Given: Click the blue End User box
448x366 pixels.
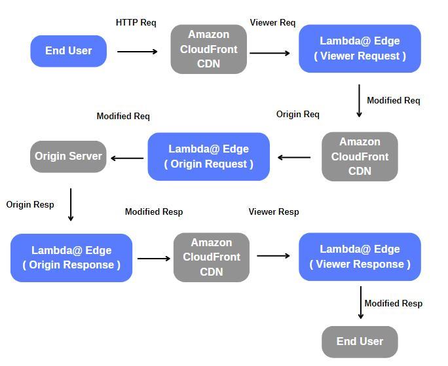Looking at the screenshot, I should (68, 51).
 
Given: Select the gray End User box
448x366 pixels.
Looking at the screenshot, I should (360, 341).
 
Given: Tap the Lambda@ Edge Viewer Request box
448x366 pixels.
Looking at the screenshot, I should (360, 48).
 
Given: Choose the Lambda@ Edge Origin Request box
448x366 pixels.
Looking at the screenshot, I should (208, 156).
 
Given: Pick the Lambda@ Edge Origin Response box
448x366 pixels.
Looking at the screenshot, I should (71, 257).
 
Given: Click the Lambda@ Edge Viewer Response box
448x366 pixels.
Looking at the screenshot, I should (360, 257).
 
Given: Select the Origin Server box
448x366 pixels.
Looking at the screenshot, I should (68, 156).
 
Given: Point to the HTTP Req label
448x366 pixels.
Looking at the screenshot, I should (136, 22).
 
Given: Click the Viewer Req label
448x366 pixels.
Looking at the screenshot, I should (272, 22).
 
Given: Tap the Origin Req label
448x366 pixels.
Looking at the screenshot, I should (297, 114).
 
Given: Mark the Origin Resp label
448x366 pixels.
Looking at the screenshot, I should (30, 204).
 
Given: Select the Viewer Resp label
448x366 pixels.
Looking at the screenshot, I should (273, 211).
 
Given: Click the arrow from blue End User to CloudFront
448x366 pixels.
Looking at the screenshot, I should (138, 51).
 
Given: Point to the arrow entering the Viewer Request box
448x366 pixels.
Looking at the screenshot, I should (270, 53).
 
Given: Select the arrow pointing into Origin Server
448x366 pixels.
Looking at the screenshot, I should (127, 158).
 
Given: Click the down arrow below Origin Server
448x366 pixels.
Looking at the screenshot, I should (71, 205).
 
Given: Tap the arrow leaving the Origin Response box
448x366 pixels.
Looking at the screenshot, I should (154, 258).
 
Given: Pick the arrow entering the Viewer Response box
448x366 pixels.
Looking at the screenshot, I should (273, 255).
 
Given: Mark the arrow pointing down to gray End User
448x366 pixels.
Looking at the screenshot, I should (360, 302).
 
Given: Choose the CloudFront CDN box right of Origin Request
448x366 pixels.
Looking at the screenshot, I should (360, 156).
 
